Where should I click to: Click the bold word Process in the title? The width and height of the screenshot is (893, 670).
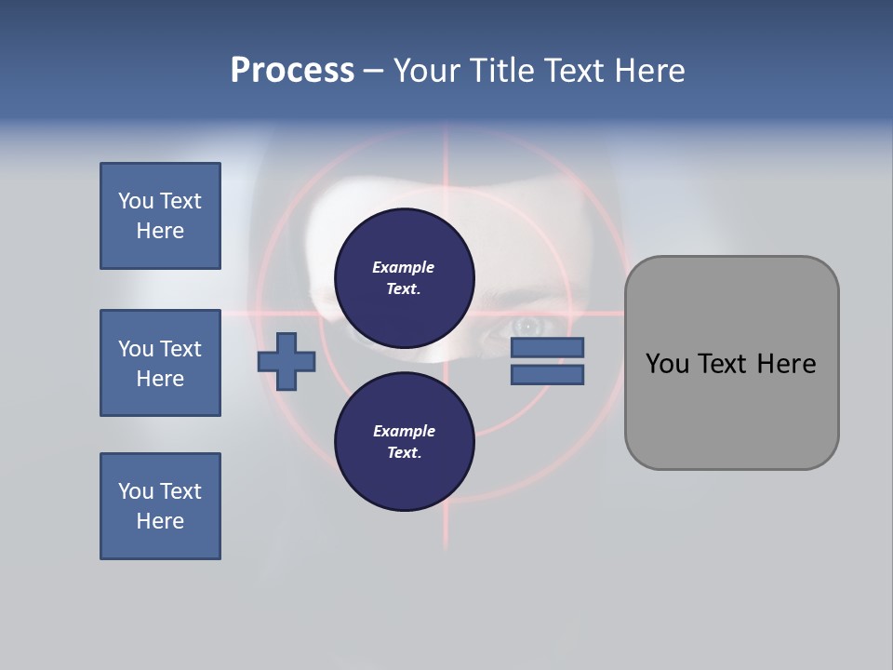(x=292, y=71)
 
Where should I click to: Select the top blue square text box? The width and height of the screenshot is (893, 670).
(x=160, y=216)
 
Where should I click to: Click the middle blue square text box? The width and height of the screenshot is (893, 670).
(x=160, y=363)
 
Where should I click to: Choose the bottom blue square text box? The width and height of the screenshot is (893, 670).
(x=160, y=506)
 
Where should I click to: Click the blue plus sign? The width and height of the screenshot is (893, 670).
(x=287, y=361)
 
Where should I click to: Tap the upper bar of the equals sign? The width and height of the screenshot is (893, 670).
(x=547, y=347)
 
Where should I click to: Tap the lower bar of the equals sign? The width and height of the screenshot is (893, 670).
(x=547, y=374)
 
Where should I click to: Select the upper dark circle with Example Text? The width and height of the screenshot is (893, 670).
(x=404, y=277)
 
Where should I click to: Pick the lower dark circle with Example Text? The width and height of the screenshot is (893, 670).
(x=404, y=441)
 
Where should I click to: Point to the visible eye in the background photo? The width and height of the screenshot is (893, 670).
(x=527, y=326)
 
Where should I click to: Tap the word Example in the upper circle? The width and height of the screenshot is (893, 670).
(x=404, y=267)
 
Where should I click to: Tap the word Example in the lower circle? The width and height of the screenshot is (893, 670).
(x=404, y=431)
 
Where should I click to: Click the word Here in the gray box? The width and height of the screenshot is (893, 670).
(x=786, y=364)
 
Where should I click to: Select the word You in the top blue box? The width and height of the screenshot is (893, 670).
(x=136, y=201)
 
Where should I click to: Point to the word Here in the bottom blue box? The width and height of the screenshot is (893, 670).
(x=160, y=521)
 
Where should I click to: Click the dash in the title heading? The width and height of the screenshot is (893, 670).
(x=373, y=71)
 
